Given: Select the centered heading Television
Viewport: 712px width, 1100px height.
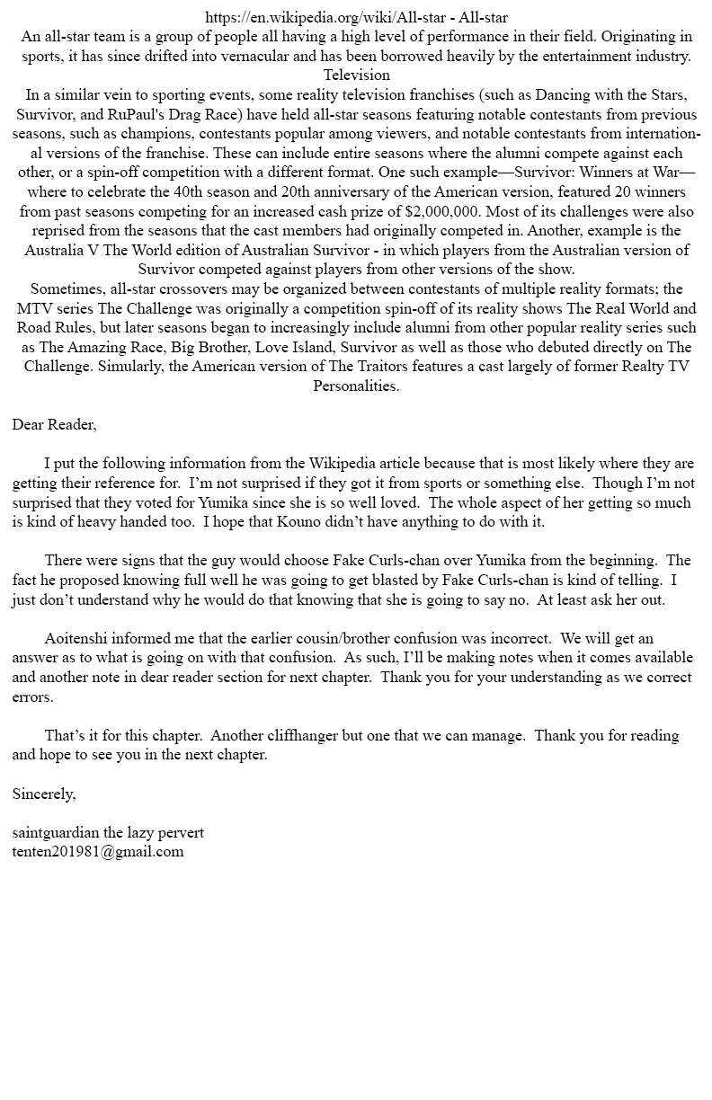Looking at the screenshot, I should pyautogui.click(x=357, y=75).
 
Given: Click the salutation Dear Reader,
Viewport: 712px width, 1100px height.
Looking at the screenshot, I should pyautogui.click(x=54, y=424).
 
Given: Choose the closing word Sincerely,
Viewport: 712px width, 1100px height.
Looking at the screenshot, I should pyautogui.click(x=44, y=794).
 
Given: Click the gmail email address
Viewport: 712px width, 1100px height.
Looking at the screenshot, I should pyautogui.click(x=98, y=851).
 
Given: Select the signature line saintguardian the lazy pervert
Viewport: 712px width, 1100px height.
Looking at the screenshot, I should pyautogui.click(x=108, y=832).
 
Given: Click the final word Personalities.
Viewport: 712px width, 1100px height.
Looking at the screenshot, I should pyautogui.click(x=356, y=386).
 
